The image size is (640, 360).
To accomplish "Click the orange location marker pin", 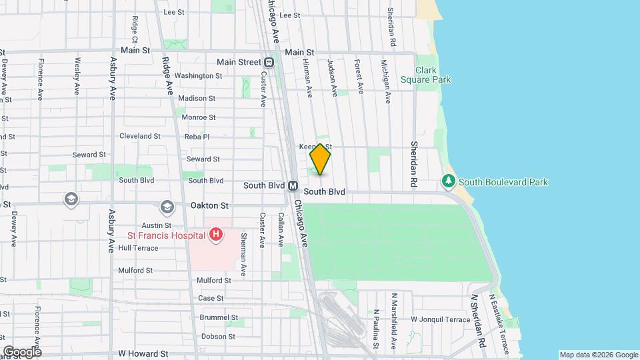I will [320, 159].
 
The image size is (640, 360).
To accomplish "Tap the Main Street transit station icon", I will [269, 62].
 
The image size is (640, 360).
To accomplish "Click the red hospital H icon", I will [215, 234].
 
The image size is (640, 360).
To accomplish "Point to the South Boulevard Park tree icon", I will [449, 181].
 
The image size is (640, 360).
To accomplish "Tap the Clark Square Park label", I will [425, 75].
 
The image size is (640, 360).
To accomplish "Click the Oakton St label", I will [210, 206].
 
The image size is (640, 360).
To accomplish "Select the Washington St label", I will [199, 76].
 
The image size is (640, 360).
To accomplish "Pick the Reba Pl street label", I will [197, 137].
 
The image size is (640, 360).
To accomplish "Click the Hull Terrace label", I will [138, 248].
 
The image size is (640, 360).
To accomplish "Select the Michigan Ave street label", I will [386, 82].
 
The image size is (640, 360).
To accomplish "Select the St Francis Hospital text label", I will [166, 235].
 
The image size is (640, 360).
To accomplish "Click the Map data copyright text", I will [598, 355].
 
